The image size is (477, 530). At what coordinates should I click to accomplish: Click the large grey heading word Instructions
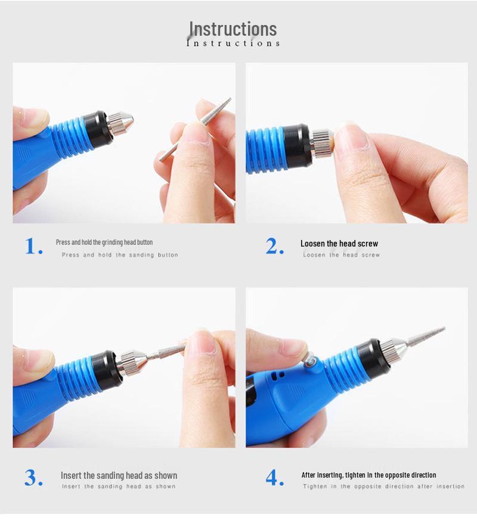(x=233, y=29)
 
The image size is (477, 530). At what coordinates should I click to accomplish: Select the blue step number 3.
(x=33, y=478)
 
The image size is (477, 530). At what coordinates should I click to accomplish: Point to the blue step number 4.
(x=274, y=478)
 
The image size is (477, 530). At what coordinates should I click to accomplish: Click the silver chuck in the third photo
(x=133, y=362)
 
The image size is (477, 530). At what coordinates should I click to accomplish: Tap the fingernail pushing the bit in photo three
(x=199, y=343)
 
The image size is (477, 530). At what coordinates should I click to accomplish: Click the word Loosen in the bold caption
(x=312, y=244)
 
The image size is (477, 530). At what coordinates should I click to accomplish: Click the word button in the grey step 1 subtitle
(x=168, y=255)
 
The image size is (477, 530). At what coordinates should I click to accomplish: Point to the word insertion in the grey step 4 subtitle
(x=450, y=487)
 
